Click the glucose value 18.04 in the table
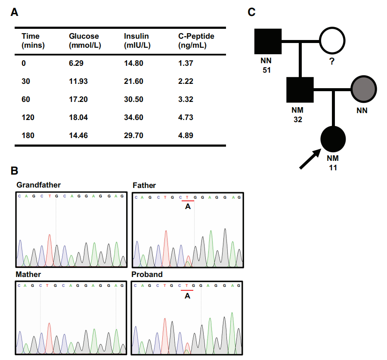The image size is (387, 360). pos(78,117)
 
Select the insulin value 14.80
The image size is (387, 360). pos(133,63)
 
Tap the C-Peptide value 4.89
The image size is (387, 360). pos(186,135)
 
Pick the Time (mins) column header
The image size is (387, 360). pos(33,40)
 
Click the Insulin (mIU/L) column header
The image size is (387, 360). pos(137,40)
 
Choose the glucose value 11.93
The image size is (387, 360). pos(78,81)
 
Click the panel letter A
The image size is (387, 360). pos(15,13)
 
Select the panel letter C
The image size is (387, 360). pos(253,12)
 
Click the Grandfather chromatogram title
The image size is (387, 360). pos(39,185)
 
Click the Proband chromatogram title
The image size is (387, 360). pos(148,274)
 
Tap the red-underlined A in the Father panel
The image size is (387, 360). pos(187,207)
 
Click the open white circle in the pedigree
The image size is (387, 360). pos(332,42)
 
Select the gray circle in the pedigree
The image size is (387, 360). pos(364,90)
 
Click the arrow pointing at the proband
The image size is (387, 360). pos(310,159)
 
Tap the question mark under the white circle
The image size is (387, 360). pos(331,62)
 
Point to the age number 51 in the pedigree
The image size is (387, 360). pos(266,70)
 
